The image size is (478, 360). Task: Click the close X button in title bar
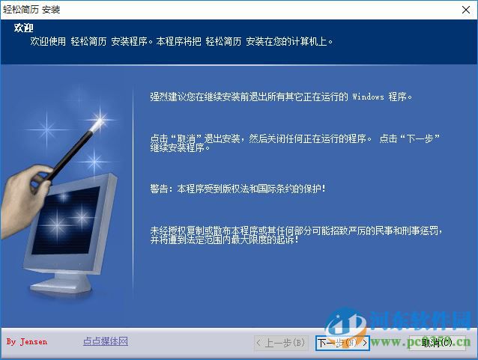click(x=465, y=9)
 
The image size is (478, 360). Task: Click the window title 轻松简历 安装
click(x=32, y=10)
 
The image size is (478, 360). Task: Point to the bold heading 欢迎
click(x=24, y=28)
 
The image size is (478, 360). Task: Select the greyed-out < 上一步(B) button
click(x=281, y=343)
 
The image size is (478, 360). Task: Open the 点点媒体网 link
click(x=106, y=341)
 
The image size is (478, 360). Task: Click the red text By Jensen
click(x=27, y=342)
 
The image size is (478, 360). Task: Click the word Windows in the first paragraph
click(x=367, y=97)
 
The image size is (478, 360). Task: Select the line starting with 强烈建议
click(x=282, y=97)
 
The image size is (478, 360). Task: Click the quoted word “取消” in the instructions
click(x=184, y=138)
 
